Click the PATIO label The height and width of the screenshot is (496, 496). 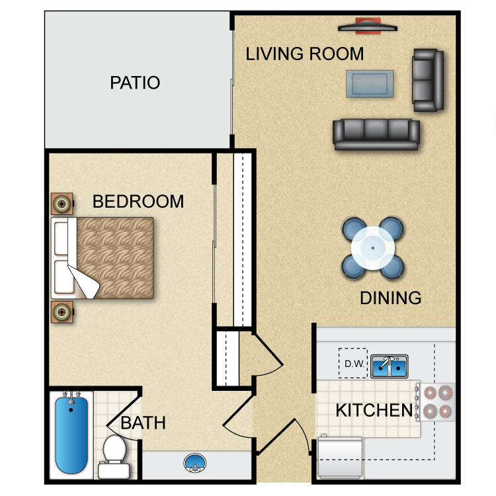tap(135, 83)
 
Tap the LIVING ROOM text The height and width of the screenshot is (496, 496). tap(304, 54)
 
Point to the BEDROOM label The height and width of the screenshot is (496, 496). tap(138, 202)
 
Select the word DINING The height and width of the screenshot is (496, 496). tap(390, 298)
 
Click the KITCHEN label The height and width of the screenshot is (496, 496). tap(374, 410)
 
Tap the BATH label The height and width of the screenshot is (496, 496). tap(143, 423)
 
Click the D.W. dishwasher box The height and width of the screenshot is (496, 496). tap(352, 363)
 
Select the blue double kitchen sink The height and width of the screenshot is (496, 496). tap(390, 366)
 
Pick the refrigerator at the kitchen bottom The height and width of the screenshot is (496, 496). tap(340, 456)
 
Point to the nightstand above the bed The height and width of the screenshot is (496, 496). tap(62, 204)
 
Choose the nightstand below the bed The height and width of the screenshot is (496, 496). tap(62, 311)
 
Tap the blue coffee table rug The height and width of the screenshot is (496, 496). tap(370, 84)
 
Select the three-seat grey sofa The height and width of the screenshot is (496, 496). tap(376, 134)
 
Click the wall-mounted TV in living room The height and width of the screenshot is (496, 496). tap(368, 28)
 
